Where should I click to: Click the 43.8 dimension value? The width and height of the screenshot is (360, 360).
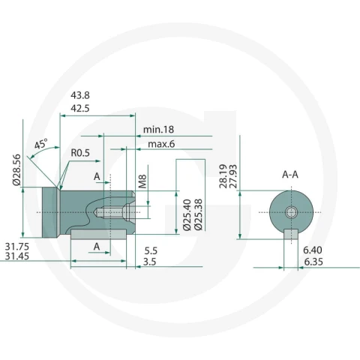tap(80, 95)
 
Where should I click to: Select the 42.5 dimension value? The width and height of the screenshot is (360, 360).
tap(80, 108)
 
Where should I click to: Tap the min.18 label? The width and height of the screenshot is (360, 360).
tap(158, 130)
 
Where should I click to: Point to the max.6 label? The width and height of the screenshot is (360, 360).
tap(161, 144)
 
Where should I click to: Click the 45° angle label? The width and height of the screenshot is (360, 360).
tap(40, 144)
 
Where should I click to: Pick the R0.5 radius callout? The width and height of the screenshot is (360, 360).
tap(80, 153)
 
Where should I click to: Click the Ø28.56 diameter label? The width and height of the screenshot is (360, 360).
tap(16, 169)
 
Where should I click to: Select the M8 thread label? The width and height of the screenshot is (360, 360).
tap(142, 181)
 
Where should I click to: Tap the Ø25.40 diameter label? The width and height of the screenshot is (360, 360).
tap(187, 214)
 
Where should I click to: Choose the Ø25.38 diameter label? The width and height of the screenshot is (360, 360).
tap(198, 214)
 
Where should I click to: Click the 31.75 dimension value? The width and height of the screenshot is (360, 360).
tap(17, 247)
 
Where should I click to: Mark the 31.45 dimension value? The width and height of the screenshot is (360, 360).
tap(17, 256)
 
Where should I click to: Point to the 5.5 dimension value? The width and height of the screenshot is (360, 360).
tap(151, 250)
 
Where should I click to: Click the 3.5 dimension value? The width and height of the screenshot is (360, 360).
tap(149, 262)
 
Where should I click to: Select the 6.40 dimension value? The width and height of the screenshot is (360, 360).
tap(313, 250)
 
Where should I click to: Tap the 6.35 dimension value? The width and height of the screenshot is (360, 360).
tap(313, 262)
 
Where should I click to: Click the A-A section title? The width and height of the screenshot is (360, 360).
tap(290, 175)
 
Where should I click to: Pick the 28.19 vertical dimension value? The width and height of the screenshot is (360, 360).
tap(223, 176)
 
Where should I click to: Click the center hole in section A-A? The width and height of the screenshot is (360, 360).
tap(291, 212)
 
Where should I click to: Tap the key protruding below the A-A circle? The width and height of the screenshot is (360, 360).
tap(291, 234)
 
